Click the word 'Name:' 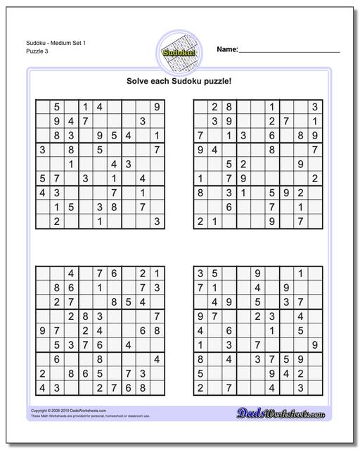pos(227,50)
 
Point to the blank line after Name pos(289,51)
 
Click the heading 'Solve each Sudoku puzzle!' pos(179,82)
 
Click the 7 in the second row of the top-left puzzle pos(86,121)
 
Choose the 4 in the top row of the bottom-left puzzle pos(71,272)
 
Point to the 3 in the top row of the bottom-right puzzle pos(200,272)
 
